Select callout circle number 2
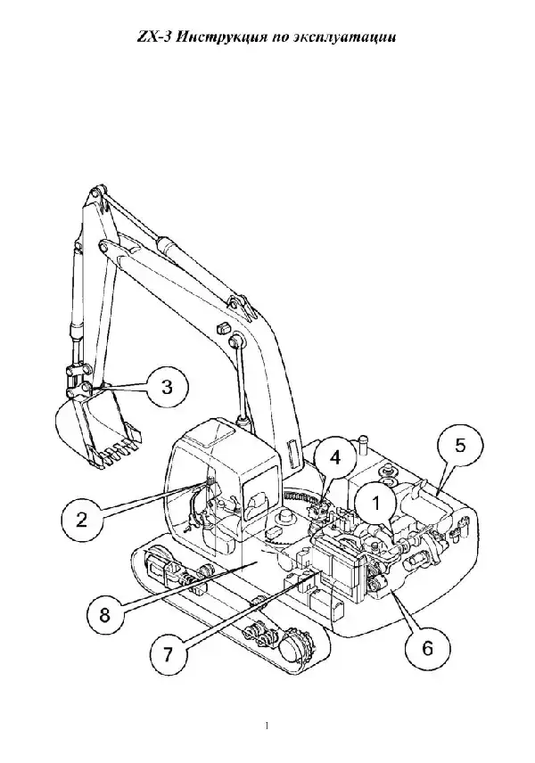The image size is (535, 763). (81, 519)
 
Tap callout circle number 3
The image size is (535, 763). (168, 388)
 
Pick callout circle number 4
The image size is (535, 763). (334, 458)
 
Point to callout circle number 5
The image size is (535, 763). (460, 447)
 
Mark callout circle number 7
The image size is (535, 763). (168, 654)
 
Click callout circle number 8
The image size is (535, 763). (105, 615)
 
